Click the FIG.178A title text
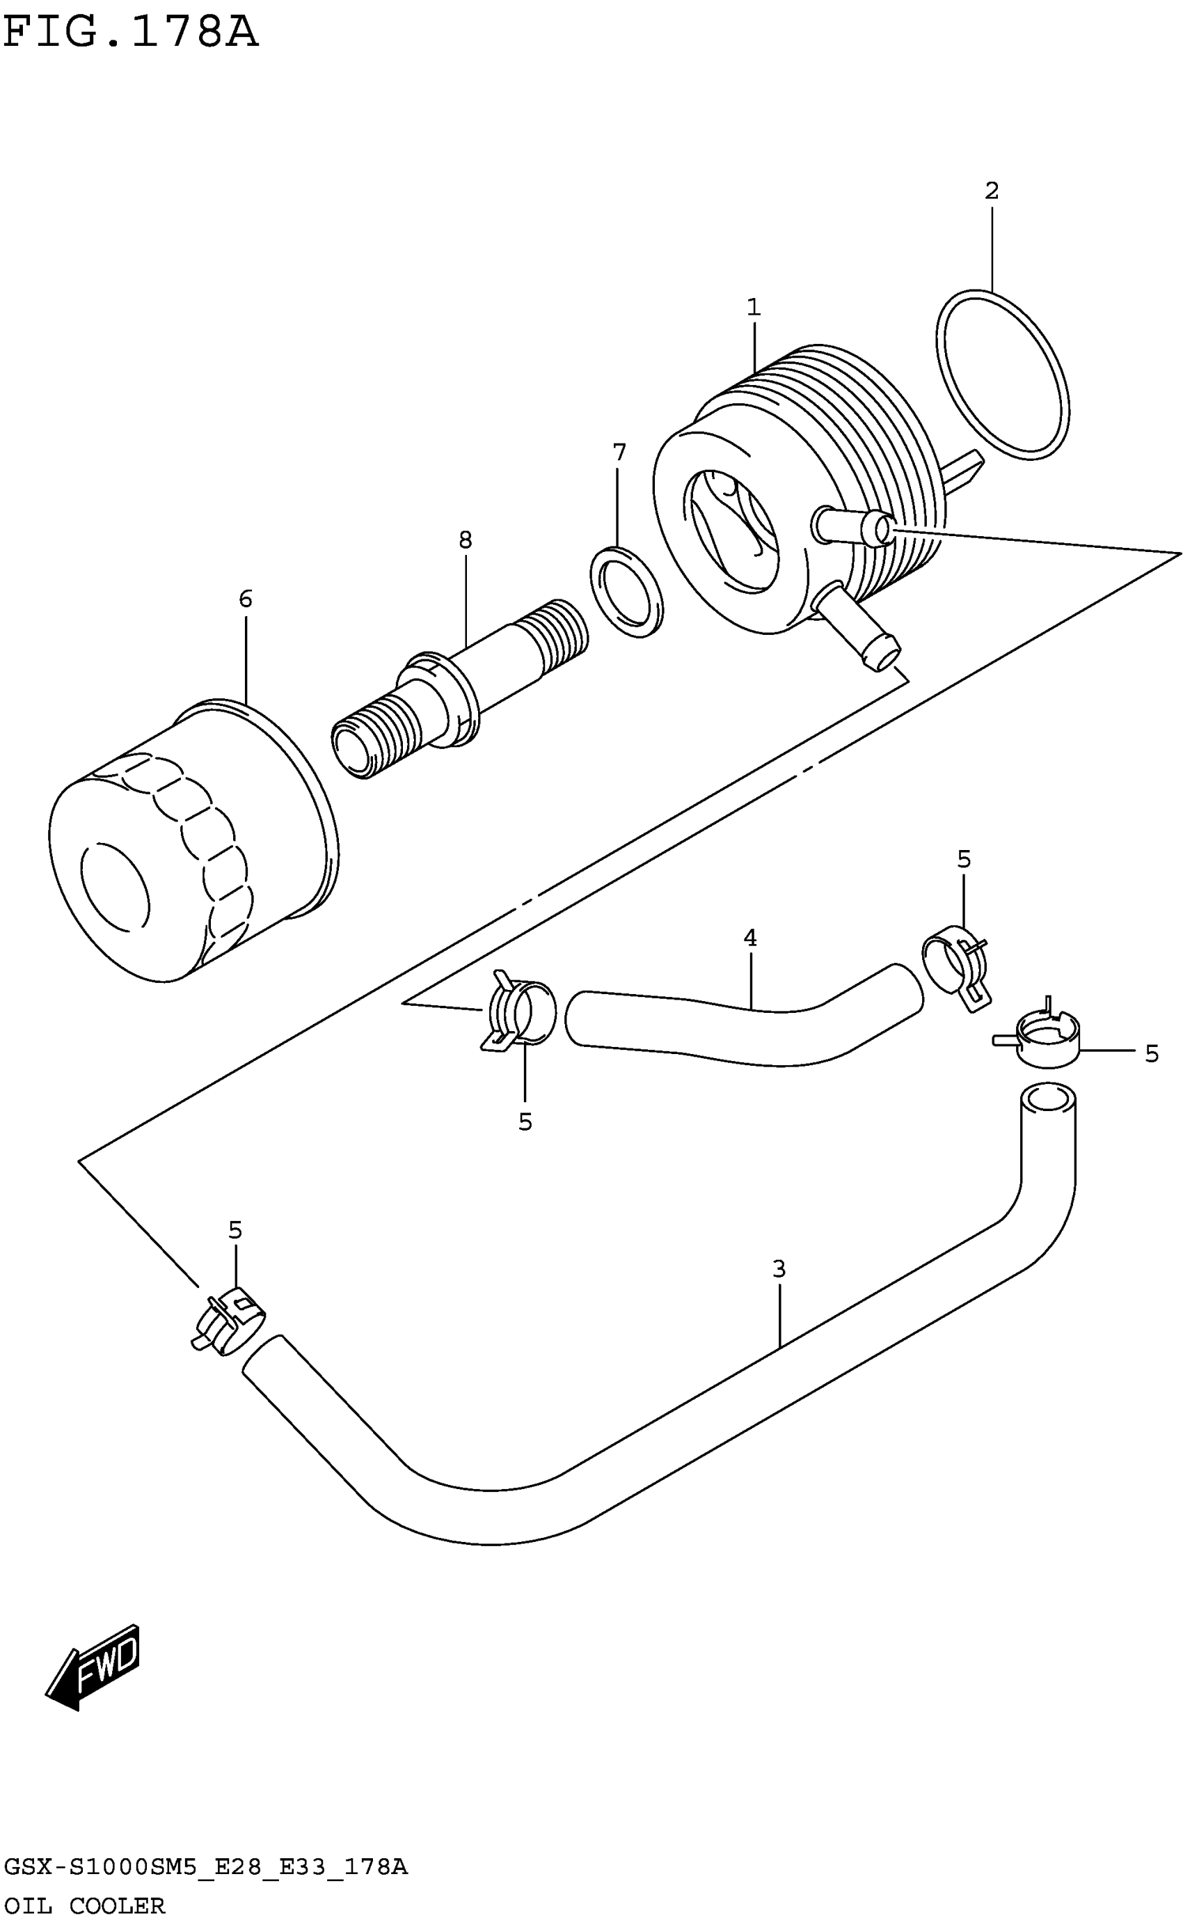[130, 33]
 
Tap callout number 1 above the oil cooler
[754, 308]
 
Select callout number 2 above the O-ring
[992, 191]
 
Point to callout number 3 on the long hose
[779, 1268]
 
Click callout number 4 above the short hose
[750, 938]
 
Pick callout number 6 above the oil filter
[246, 599]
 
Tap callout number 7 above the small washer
[619, 453]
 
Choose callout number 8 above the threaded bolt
[466, 540]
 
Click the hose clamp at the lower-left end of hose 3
[229, 1323]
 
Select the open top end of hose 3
[1049, 1099]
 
